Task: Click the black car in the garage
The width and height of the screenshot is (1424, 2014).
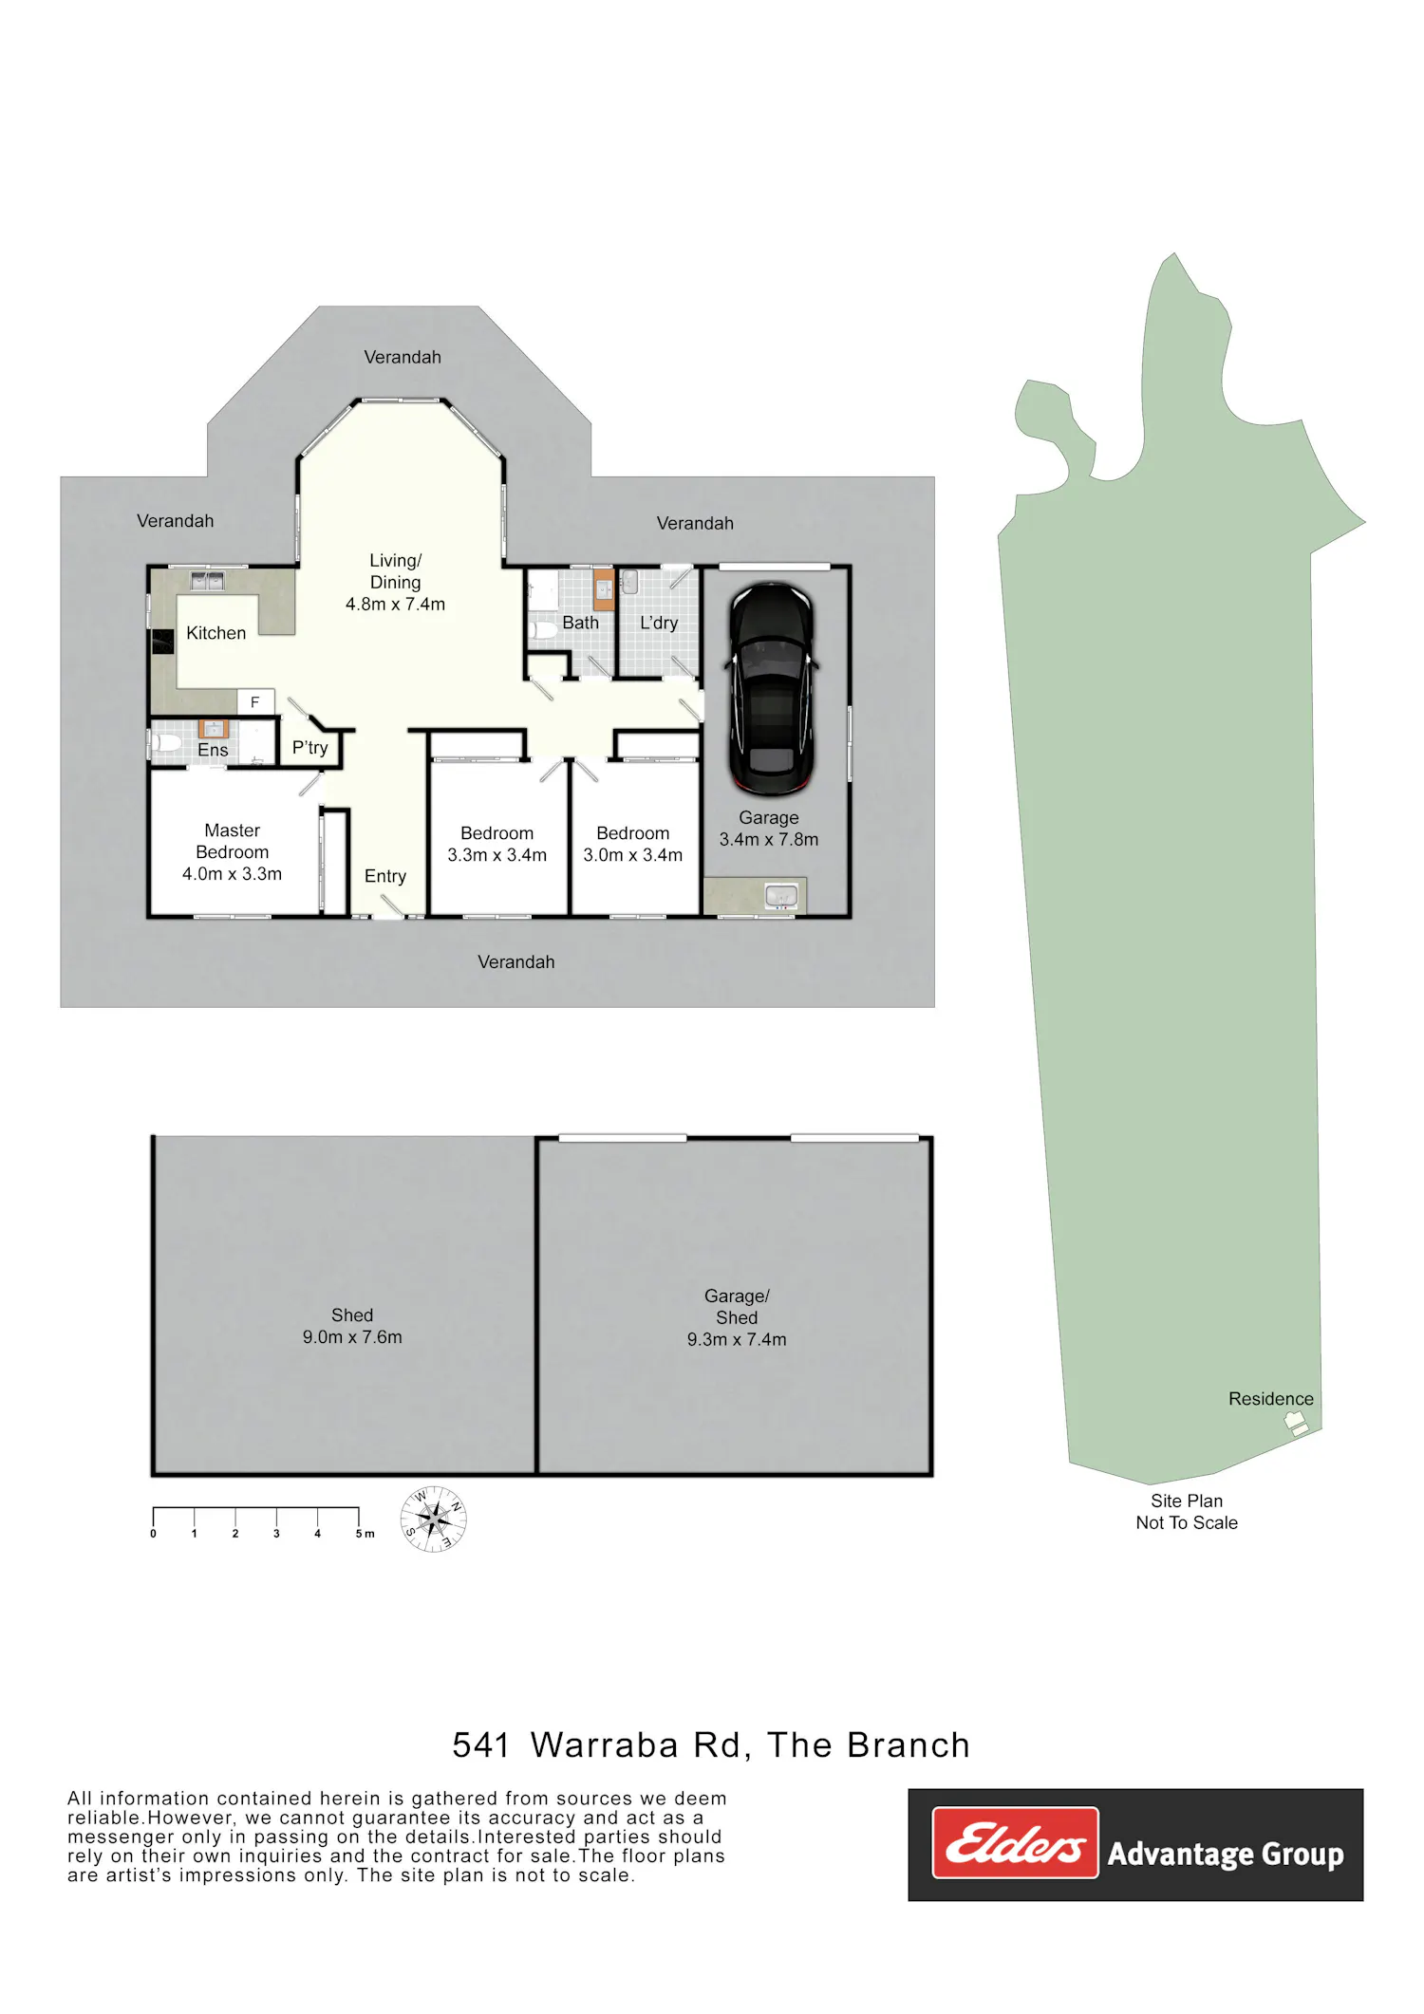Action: (x=771, y=689)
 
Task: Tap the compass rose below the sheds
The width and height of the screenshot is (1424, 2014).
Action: (x=433, y=1519)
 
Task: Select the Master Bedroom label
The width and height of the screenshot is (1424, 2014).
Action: (x=233, y=851)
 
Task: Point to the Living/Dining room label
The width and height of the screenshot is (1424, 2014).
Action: (x=395, y=582)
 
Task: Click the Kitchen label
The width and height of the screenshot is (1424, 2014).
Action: (x=215, y=633)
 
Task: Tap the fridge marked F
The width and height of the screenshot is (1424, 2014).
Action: (x=254, y=701)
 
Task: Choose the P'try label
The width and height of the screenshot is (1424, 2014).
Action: (x=309, y=748)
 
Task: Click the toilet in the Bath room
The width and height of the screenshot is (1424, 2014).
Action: (x=544, y=629)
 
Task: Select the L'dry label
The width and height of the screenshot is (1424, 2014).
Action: (x=659, y=623)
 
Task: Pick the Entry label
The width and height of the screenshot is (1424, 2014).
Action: (x=385, y=876)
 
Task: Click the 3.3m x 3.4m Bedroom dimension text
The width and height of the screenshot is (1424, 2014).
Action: (x=497, y=855)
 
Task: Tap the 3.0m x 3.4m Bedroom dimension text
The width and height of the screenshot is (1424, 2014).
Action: (x=633, y=855)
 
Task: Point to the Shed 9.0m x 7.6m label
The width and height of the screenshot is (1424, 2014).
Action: (x=352, y=1326)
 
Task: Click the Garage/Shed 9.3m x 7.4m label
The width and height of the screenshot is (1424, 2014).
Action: (x=737, y=1317)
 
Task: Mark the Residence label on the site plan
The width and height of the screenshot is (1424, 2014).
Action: (x=1271, y=1399)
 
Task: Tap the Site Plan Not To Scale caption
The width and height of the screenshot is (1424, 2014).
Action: (x=1187, y=1512)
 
